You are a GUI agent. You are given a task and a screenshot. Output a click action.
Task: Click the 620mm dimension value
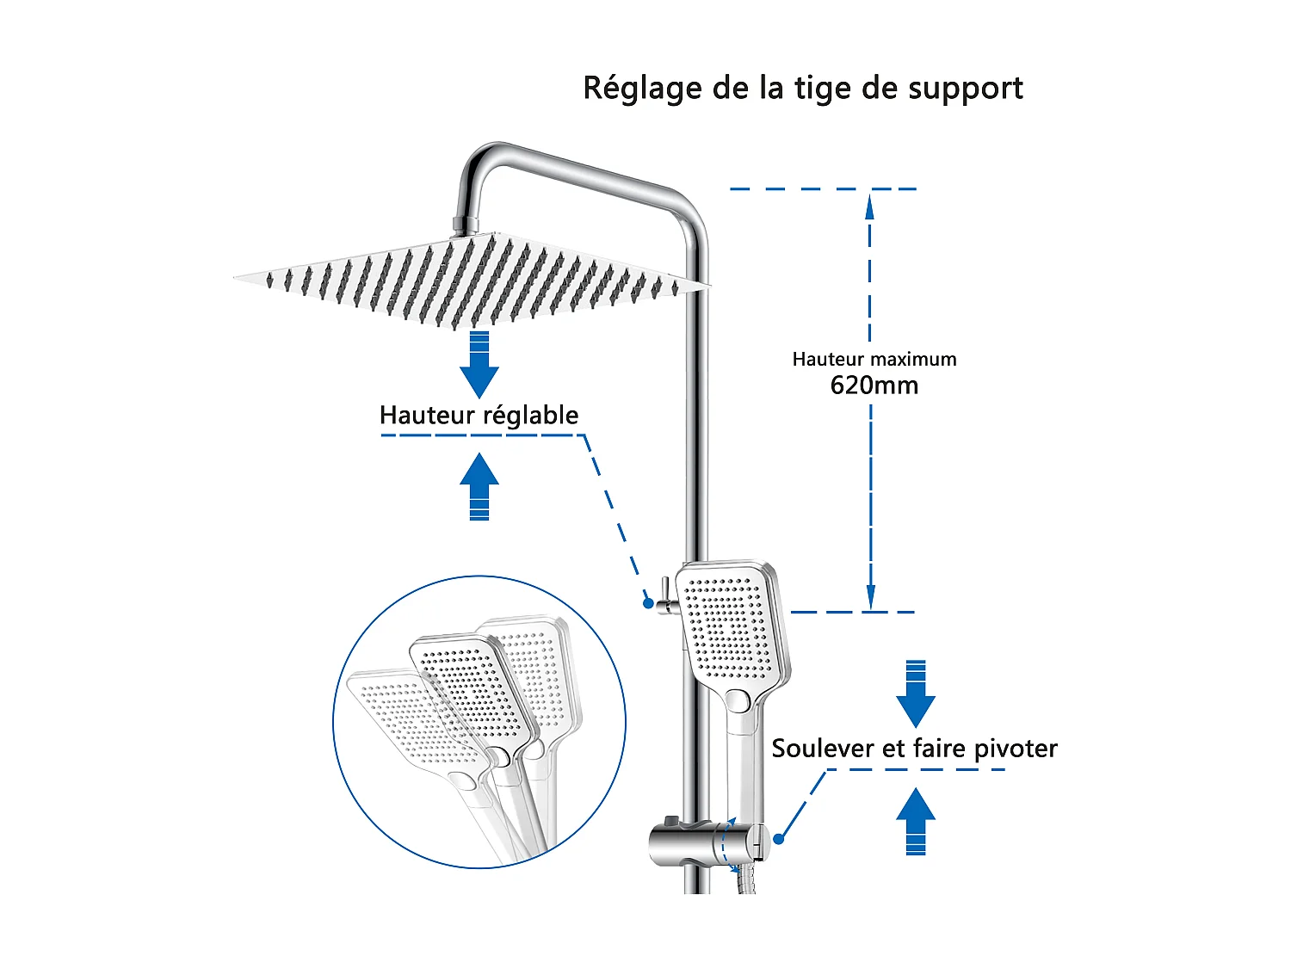[x=874, y=385]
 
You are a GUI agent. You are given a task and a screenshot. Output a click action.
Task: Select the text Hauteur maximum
[x=874, y=359]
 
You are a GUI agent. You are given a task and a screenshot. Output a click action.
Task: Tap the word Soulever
[x=821, y=748]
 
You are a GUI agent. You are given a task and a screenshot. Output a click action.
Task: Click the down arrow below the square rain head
[x=479, y=365]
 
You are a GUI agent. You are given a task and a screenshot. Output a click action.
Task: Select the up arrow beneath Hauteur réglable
[x=479, y=486]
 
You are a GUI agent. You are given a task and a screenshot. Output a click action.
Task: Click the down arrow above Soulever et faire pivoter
[x=916, y=694]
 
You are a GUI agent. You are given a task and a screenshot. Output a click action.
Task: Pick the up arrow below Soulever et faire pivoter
[x=916, y=821]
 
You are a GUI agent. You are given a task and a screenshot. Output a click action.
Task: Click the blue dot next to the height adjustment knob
[x=648, y=603]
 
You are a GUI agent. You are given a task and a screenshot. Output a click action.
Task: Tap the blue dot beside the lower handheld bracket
[x=778, y=839]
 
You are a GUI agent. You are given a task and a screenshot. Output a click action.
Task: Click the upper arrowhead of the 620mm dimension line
[x=870, y=207]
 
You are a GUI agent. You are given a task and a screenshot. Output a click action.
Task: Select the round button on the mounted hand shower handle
[x=739, y=701]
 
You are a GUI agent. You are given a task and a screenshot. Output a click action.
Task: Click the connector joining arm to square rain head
[x=465, y=225]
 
